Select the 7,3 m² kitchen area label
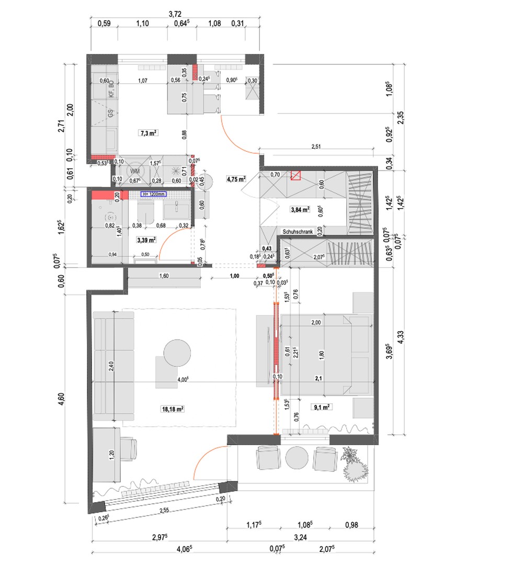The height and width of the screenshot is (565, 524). pos(149,133)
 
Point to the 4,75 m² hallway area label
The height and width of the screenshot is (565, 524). pos(236,179)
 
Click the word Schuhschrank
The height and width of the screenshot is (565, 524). pos(297,231)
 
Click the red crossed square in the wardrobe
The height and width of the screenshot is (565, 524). pos(296,176)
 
